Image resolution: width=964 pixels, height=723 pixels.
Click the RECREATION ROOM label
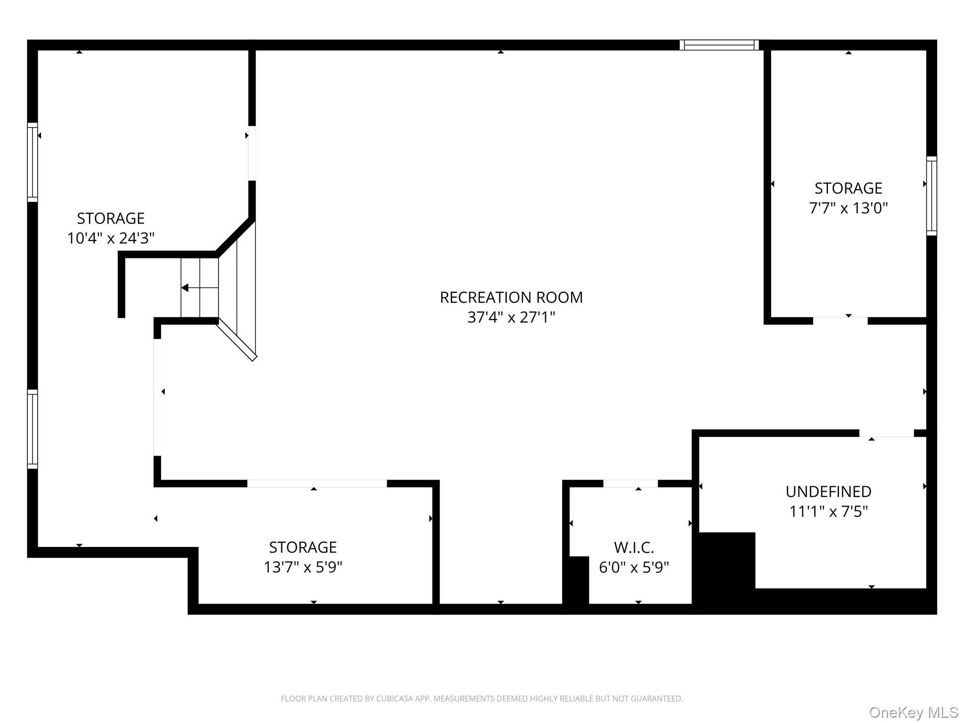click(511, 297)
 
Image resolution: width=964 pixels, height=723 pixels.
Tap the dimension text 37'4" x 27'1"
click(511, 317)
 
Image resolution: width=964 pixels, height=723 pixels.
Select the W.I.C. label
click(634, 547)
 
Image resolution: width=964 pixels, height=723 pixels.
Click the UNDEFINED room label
click(828, 491)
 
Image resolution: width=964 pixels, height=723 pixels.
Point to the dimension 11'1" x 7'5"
click(828, 511)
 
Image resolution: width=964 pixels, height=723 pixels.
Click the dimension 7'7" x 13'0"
click(848, 208)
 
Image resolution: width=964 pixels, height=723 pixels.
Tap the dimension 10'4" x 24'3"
click(111, 238)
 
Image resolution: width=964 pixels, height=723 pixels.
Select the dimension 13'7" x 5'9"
click(303, 567)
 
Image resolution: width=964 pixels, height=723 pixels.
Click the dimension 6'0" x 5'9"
click(634, 567)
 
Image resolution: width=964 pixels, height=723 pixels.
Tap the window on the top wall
click(719, 45)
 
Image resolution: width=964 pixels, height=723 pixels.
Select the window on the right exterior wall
click(931, 195)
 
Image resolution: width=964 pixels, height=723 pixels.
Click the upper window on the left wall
click(32, 162)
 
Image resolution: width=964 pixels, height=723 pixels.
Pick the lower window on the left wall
click(32, 429)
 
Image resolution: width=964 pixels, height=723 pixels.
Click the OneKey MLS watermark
click(913, 713)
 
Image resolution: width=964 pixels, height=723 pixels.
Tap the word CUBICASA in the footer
click(394, 699)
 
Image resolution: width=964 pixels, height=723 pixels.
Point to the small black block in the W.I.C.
click(578, 579)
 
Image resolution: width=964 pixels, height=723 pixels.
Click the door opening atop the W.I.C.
click(630, 483)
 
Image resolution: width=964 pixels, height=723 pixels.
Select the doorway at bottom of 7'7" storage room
click(840, 321)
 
